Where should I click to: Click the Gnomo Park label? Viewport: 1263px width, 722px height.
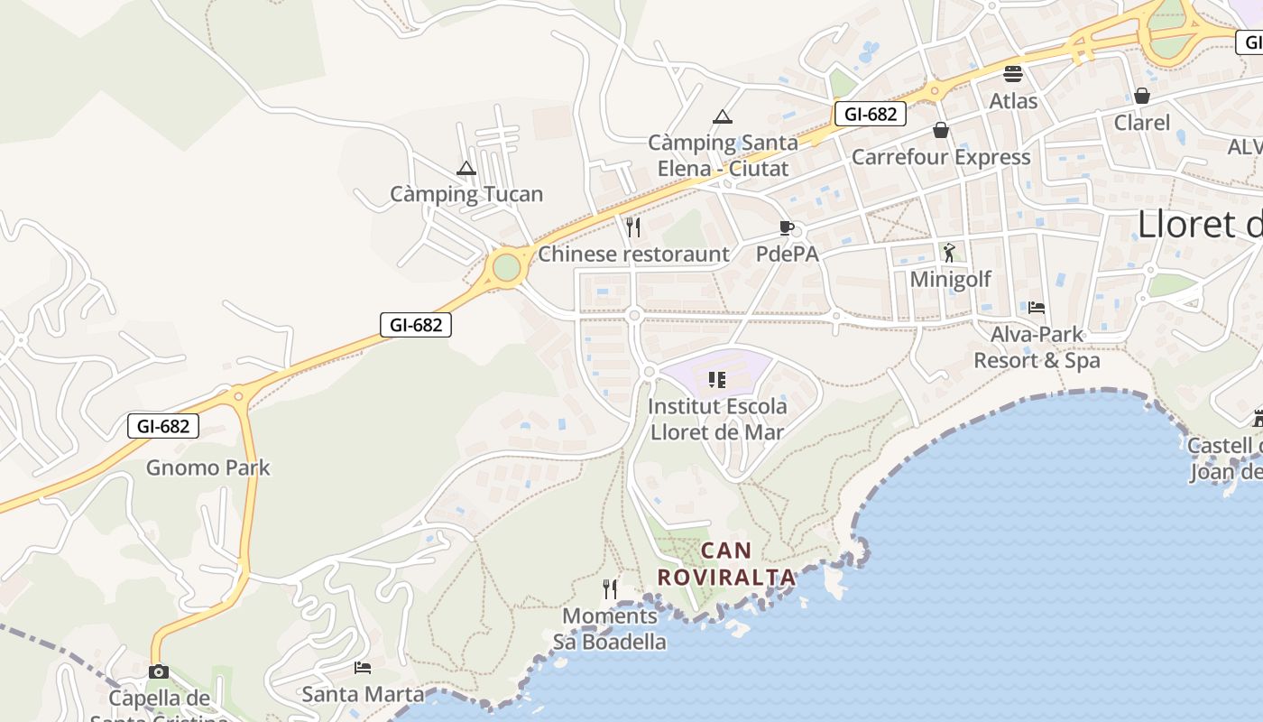207,467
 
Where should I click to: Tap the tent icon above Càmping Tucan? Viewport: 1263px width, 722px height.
466,168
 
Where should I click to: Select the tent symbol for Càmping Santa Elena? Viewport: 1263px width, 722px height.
722,116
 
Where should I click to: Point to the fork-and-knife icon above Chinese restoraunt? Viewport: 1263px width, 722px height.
633,227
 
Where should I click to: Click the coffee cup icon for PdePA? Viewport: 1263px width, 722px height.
786,227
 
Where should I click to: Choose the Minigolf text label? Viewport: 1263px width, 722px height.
950,279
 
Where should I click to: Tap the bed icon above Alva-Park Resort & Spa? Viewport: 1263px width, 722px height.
1037,308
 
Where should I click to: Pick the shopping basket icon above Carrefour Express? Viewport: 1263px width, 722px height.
941,131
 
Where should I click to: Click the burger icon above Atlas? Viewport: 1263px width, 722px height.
1013,74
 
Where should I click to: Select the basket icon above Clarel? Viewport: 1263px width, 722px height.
1142,96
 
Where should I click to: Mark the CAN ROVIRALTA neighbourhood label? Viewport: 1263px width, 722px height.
726,563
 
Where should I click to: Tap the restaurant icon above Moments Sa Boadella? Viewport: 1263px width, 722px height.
610,589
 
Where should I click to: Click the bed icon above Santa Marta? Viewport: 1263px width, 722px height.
363,668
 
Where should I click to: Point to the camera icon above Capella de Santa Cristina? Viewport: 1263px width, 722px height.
159,671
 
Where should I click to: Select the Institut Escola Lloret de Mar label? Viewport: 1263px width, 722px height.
717,419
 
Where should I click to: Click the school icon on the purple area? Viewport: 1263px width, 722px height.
717,380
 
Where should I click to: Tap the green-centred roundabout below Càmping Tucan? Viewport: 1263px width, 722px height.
507,267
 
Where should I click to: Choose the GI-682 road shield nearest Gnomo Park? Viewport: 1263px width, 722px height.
163,426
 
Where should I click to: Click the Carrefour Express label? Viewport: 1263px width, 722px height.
941,157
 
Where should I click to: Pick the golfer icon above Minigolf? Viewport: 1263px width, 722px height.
949,253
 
